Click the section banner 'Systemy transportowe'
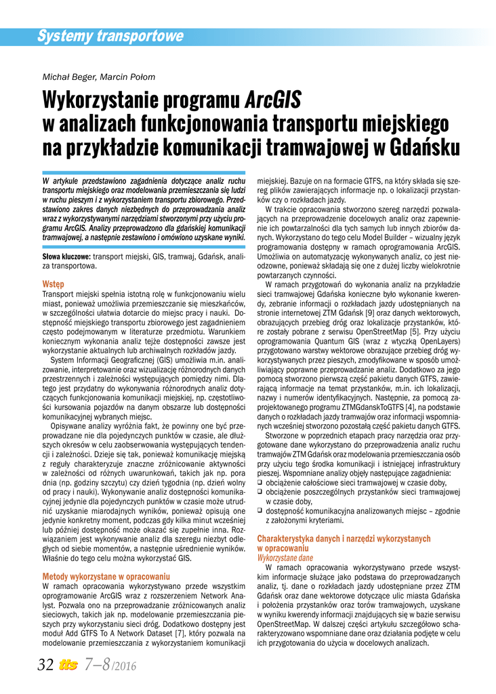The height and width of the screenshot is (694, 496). (x=110, y=36)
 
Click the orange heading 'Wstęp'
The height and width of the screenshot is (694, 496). (x=54, y=284)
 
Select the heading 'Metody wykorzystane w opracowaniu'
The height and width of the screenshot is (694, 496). (x=106, y=576)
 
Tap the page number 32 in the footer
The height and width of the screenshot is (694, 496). (x=45, y=665)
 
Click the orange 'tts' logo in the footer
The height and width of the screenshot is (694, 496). (x=69, y=666)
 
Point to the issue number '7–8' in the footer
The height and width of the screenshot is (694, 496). (x=97, y=665)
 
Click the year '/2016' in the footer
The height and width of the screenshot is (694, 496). (x=125, y=667)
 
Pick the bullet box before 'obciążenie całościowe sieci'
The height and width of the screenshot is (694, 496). (x=260, y=482)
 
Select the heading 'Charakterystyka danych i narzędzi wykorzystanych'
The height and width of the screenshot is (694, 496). (x=344, y=539)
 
